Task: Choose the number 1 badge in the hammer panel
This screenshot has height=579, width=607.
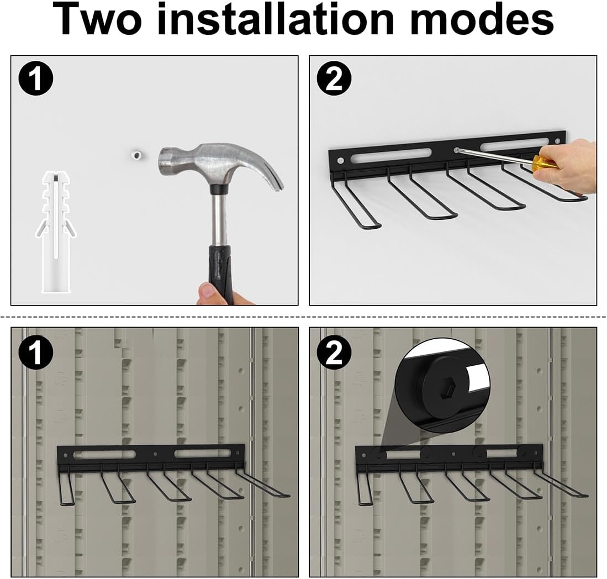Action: (35, 80)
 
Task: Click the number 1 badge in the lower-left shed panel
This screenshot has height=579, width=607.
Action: (35, 353)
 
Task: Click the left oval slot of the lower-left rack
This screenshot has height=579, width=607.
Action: (102, 454)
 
